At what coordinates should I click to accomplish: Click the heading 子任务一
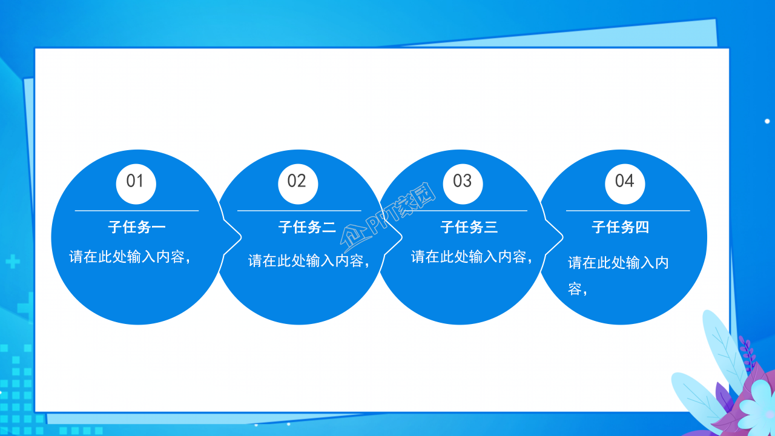click(x=137, y=227)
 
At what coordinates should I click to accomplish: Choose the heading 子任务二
click(x=307, y=227)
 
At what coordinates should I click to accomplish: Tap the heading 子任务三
click(x=469, y=227)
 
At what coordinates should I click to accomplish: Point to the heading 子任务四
click(x=621, y=227)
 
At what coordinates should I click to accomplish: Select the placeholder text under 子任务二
click(x=309, y=261)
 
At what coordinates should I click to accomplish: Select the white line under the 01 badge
click(x=137, y=211)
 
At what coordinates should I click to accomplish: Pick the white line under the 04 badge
click(x=628, y=211)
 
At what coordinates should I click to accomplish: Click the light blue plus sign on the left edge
click(x=12, y=262)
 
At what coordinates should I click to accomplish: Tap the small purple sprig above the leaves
click(x=748, y=354)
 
